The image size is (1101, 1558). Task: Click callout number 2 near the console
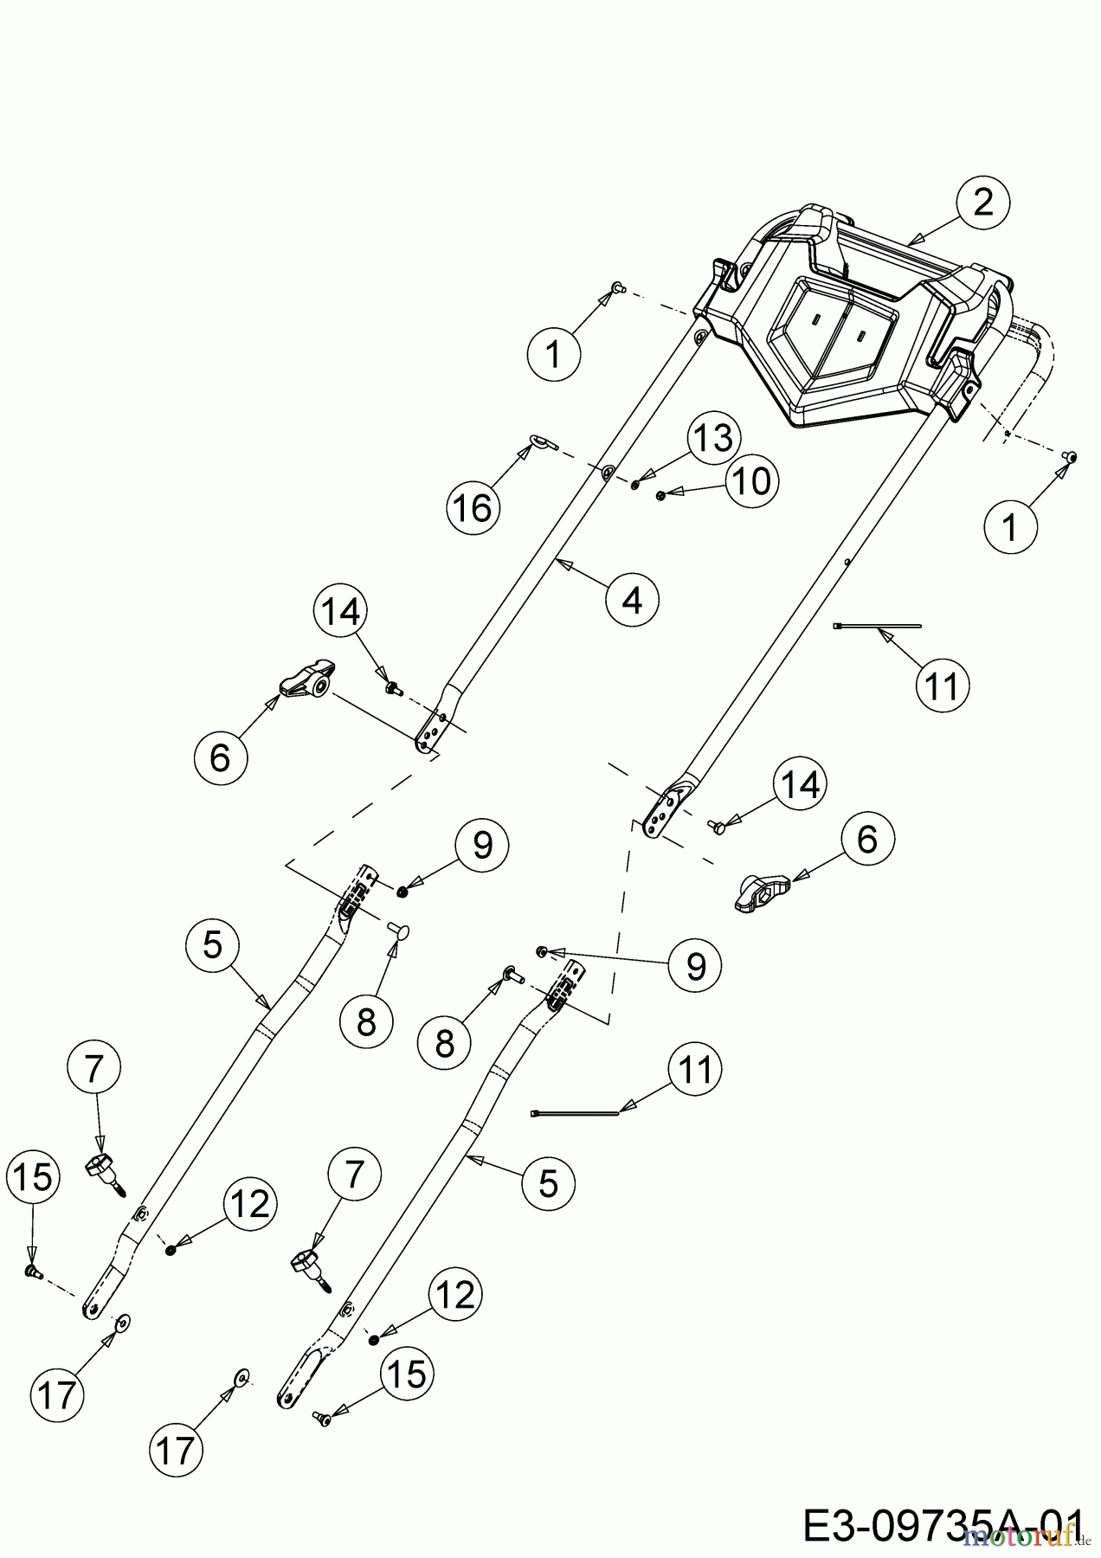(983, 204)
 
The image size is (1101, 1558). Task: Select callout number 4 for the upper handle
(633, 599)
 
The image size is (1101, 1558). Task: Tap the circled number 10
(750, 480)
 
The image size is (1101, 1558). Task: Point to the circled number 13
(713, 439)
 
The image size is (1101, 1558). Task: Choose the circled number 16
(473, 507)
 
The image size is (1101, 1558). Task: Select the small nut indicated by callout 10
(661, 495)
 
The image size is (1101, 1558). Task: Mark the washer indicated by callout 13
(635, 484)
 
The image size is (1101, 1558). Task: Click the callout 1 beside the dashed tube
(1009, 525)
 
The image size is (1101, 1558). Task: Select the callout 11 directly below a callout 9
(695, 1070)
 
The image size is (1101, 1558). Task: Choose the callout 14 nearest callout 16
(340, 612)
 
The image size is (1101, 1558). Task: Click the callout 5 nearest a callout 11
(549, 1181)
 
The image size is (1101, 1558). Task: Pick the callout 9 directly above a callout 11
(696, 965)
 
